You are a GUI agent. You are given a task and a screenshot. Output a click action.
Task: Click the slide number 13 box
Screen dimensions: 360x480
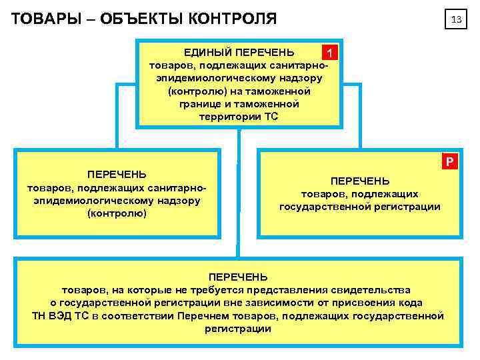[x=457, y=20]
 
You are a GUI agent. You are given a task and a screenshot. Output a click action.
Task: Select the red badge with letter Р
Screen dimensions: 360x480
[x=451, y=161]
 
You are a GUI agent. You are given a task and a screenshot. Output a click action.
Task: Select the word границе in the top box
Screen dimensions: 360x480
[x=201, y=104]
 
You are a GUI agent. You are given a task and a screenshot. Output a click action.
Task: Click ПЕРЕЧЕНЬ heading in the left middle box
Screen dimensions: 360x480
[x=117, y=175]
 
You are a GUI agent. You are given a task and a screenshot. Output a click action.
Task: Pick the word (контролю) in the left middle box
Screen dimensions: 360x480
[x=117, y=213]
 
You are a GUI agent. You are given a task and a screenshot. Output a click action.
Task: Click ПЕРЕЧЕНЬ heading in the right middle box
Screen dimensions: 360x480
[x=360, y=181]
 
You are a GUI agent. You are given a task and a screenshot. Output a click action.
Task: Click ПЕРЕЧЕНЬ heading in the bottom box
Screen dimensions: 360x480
[x=238, y=277]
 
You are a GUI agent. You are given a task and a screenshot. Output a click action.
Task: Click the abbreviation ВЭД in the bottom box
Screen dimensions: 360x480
[x=65, y=315]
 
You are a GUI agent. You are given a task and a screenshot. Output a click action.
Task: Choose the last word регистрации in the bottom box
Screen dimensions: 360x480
[x=238, y=329]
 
